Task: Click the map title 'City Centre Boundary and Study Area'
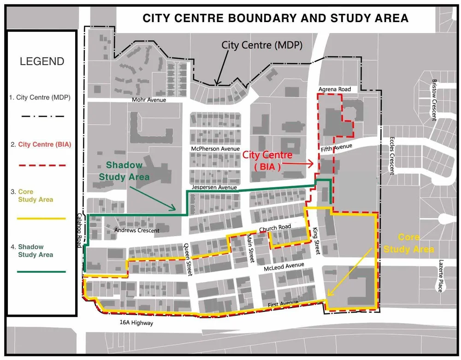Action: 275,18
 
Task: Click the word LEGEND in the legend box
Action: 42,61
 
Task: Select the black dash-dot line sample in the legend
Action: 41,116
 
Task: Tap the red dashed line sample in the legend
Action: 41,165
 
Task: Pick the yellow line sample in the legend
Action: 41,218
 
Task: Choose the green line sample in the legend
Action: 41,272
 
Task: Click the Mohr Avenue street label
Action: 148,100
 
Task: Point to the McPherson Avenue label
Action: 215,149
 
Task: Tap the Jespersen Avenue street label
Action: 214,188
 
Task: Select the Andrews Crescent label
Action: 136,230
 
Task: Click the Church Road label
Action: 275,228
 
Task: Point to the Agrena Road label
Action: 334,89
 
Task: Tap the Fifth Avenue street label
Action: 337,148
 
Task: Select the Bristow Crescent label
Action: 434,100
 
